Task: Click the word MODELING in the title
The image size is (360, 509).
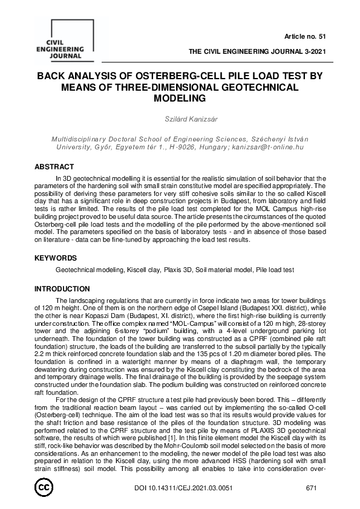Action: [179, 98]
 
